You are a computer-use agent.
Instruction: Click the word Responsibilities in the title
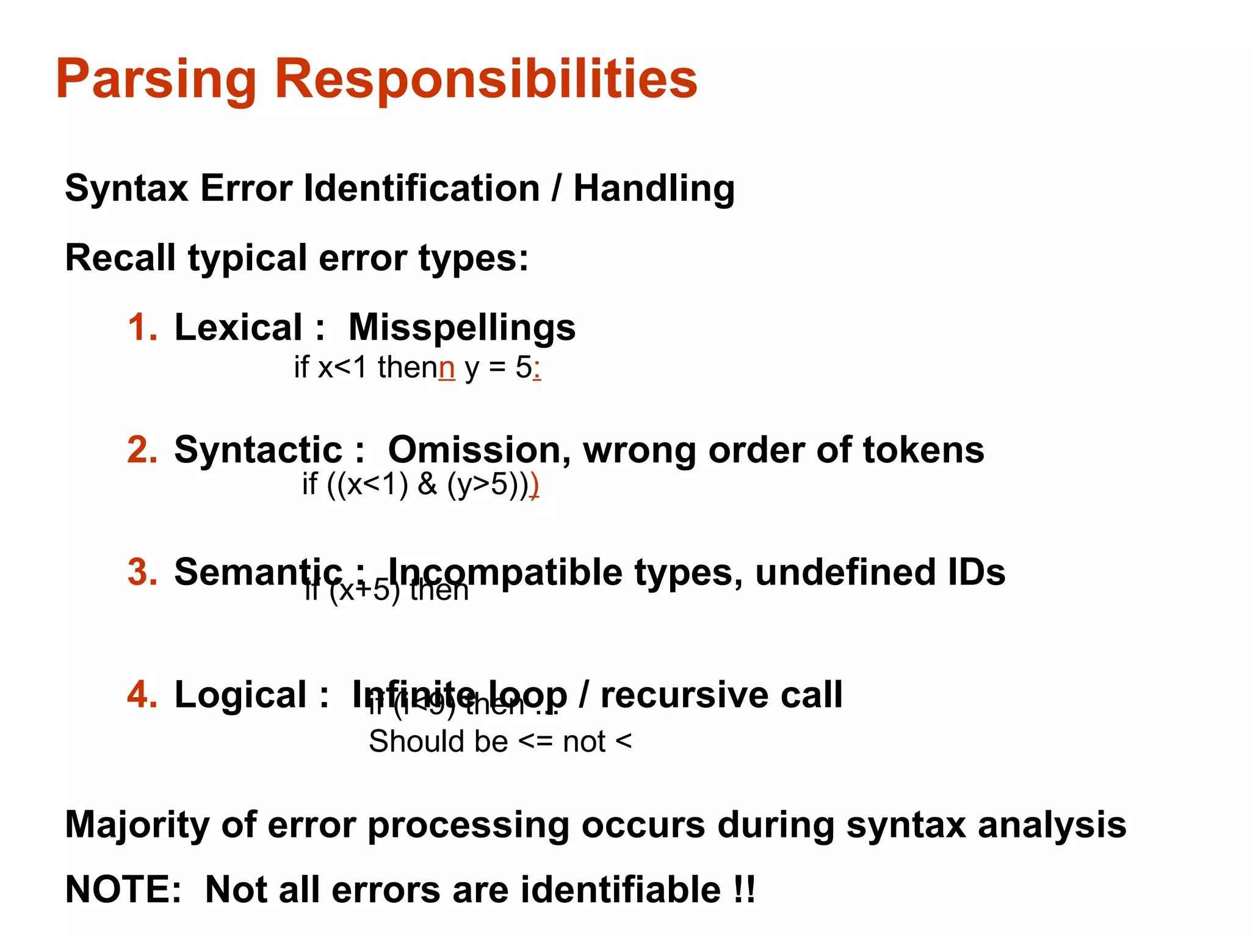click(x=486, y=79)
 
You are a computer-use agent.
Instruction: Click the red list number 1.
click(x=142, y=328)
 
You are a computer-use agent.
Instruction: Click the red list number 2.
click(x=142, y=450)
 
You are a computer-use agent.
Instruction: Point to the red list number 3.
click(x=142, y=572)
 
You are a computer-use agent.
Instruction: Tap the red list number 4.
click(x=142, y=695)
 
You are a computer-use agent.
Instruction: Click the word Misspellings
click(x=461, y=328)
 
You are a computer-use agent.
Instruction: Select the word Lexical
click(x=238, y=328)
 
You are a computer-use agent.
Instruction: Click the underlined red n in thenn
click(x=447, y=368)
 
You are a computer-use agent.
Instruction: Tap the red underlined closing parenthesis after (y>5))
click(x=534, y=486)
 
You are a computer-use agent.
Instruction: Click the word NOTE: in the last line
click(x=123, y=889)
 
